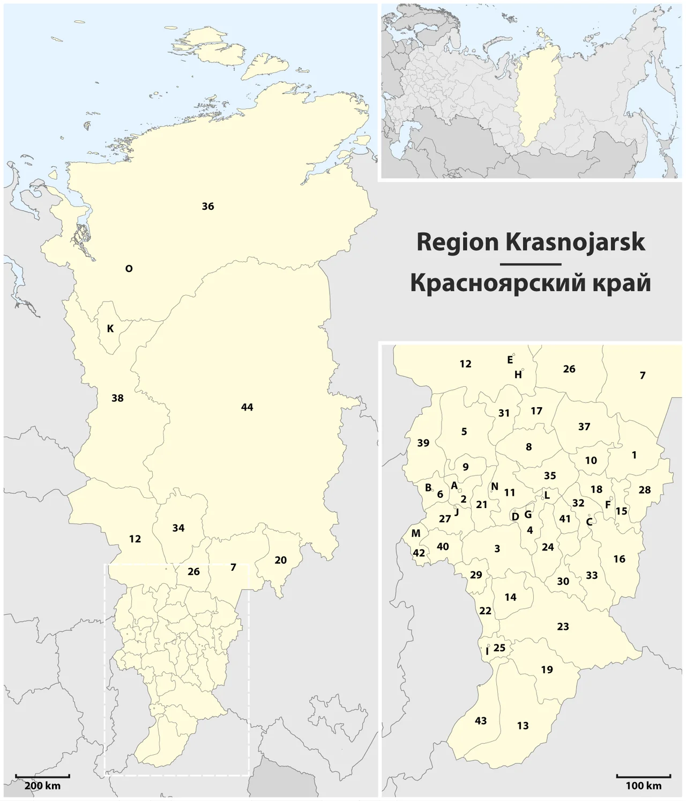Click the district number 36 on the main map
(x=208, y=207)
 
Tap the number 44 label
(x=247, y=407)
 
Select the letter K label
(x=110, y=328)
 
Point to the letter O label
(x=129, y=269)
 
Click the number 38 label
(x=117, y=398)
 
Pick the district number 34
(x=178, y=528)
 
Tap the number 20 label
(x=280, y=560)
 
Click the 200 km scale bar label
(x=42, y=786)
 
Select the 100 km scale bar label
(x=644, y=786)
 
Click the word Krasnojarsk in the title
(x=575, y=242)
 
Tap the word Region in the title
(x=457, y=242)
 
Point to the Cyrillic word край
(x=621, y=283)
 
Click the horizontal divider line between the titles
(x=530, y=264)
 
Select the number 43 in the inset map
(x=481, y=721)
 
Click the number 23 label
(x=563, y=627)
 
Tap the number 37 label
(x=584, y=427)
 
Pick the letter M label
(x=416, y=533)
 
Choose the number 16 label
(x=619, y=559)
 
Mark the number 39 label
(x=423, y=443)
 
